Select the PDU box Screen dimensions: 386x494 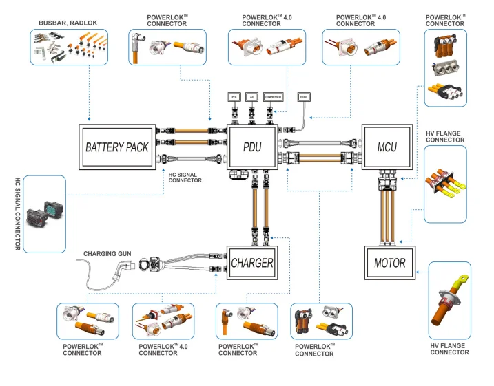click(x=251, y=147)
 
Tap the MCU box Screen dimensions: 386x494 click(x=387, y=147)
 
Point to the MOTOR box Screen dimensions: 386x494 click(x=390, y=263)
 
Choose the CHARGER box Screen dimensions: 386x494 click(x=251, y=262)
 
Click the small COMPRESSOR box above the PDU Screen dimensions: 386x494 click(x=273, y=98)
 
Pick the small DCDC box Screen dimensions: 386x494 click(x=304, y=98)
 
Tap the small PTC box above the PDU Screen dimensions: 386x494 click(x=234, y=98)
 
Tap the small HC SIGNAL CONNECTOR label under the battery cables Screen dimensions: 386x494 click(x=185, y=178)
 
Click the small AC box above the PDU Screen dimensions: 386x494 click(x=253, y=98)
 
